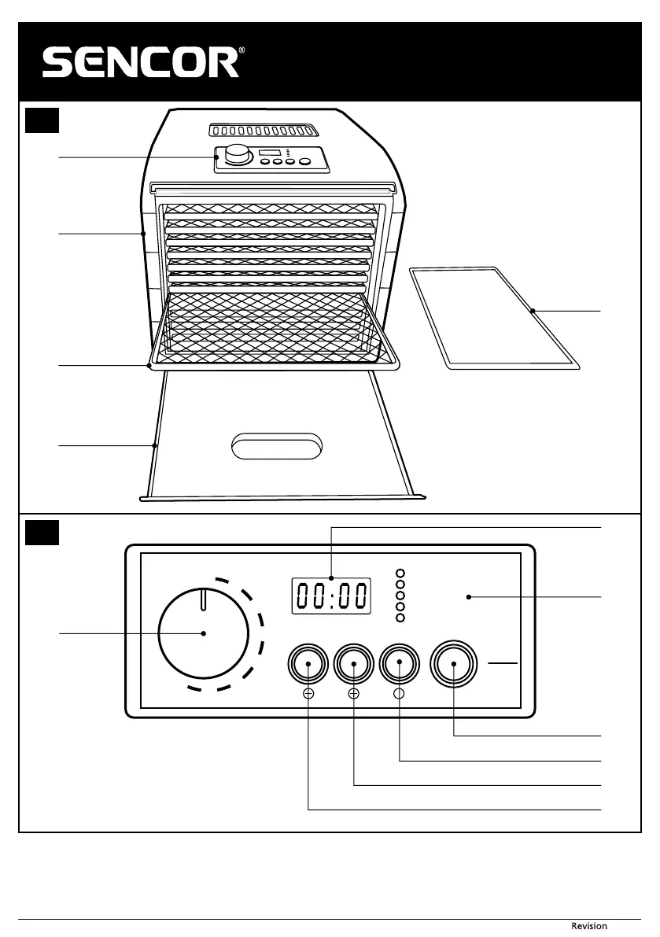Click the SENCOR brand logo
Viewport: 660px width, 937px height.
[141, 63]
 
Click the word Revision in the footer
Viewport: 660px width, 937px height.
[588, 926]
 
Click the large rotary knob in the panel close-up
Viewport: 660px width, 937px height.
[203, 633]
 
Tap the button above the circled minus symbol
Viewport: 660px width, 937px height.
[308, 664]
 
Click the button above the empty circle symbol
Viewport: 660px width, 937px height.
[400, 664]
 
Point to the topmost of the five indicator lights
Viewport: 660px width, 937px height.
[400, 574]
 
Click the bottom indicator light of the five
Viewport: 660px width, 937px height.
[400, 618]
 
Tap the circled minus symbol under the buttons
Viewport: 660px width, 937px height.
[308, 694]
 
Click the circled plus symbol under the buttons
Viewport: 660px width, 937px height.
[354, 694]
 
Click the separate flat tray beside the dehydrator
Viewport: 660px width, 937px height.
[494, 316]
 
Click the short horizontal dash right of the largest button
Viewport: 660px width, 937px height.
[503, 664]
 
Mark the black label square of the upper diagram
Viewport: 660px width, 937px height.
[40, 120]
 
